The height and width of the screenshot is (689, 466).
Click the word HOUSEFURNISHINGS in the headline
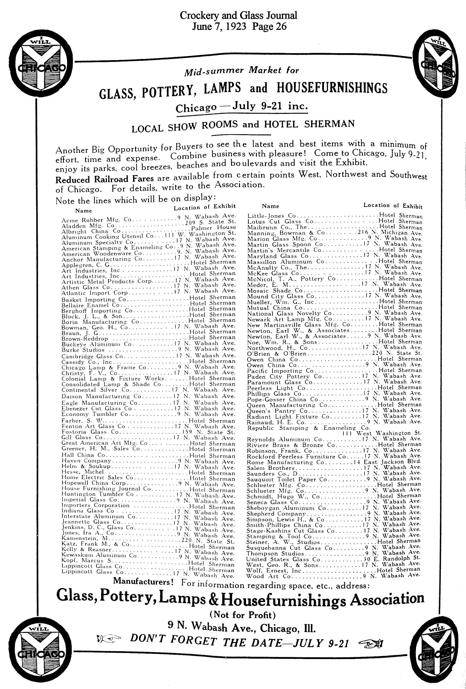[x=332, y=88]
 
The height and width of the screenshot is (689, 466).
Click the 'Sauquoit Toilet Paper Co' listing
[x=287, y=479]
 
